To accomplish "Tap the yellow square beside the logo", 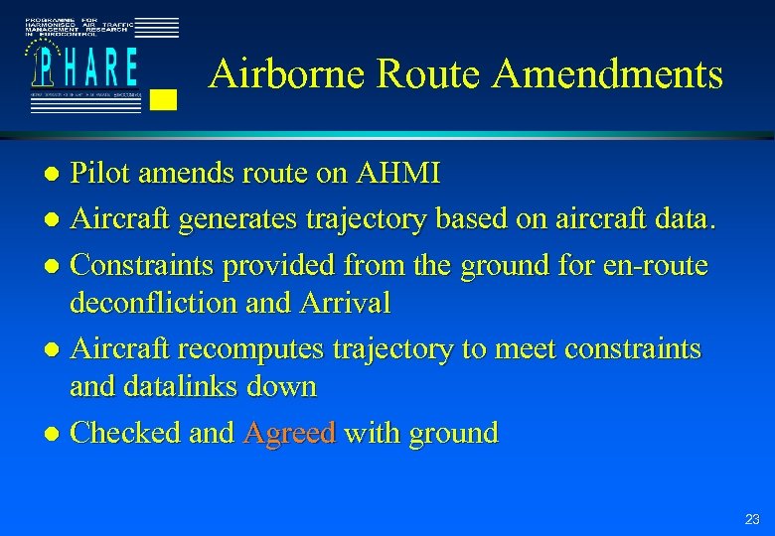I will [x=168, y=98].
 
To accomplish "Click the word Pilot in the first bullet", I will [x=103, y=174].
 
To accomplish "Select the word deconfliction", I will [x=152, y=303].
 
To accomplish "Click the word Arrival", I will [x=345, y=303].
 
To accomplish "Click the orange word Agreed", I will [x=289, y=434].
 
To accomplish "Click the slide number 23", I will [x=751, y=519].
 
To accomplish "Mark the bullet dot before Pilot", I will [x=57, y=176].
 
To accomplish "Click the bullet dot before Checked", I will [x=57, y=435].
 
